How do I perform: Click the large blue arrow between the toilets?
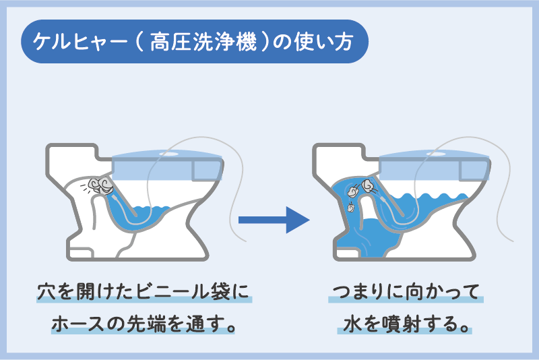(274, 219)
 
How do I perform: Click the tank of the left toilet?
(71, 162)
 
